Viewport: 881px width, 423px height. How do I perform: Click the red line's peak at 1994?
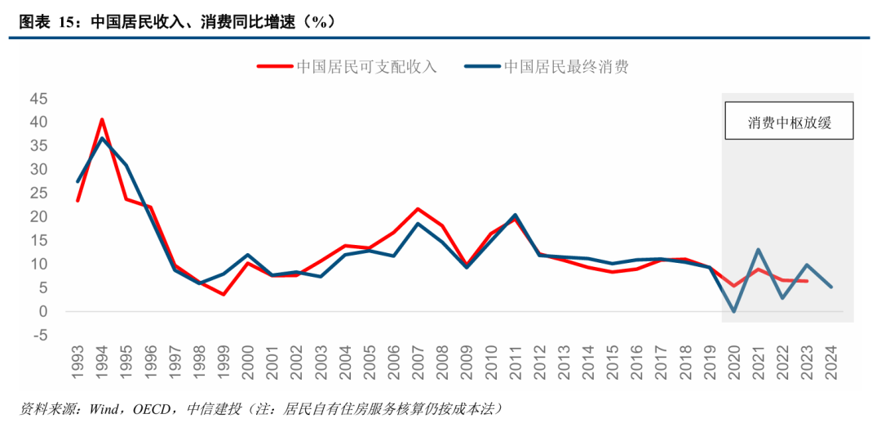pyautogui.click(x=102, y=120)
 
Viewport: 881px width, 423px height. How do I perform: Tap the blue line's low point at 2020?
pyautogui.click(x=734, y=311)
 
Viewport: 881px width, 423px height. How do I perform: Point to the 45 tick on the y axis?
pyautogui.click(x=38, y=99)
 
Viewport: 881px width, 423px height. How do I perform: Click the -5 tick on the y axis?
pyautogui.click(x=38, y=335)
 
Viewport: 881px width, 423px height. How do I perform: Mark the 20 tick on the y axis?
pyautogui.click(x=38, y=216)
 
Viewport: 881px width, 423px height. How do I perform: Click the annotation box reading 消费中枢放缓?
pyautogui.click(x=789, y=124)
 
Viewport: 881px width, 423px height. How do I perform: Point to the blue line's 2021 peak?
pyautogui.click(x=759, y=250)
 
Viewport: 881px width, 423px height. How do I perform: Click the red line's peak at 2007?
pyautogui.click(x=418, y=209)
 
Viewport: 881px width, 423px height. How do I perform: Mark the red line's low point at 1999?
pyautogui.click(x=224, y=294)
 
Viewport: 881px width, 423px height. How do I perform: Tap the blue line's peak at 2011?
pyautogui.click(x=516, y=216)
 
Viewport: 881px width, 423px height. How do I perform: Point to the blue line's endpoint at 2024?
pyautogui.click(x=831, y=287)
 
